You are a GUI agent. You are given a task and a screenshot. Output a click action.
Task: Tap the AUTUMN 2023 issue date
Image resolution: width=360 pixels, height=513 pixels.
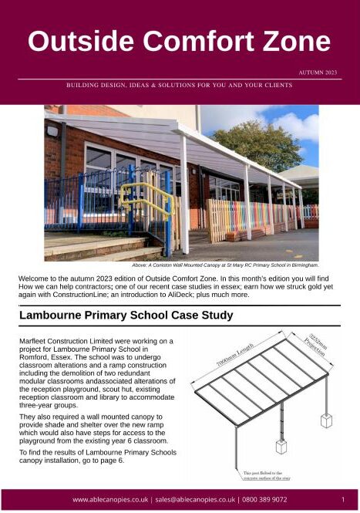coord(318,73)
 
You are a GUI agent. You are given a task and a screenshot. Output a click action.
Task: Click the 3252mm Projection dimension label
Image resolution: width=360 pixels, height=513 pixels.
coord(316,350)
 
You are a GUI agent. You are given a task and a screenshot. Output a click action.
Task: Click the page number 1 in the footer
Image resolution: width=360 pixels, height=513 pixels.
coord(343,500)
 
